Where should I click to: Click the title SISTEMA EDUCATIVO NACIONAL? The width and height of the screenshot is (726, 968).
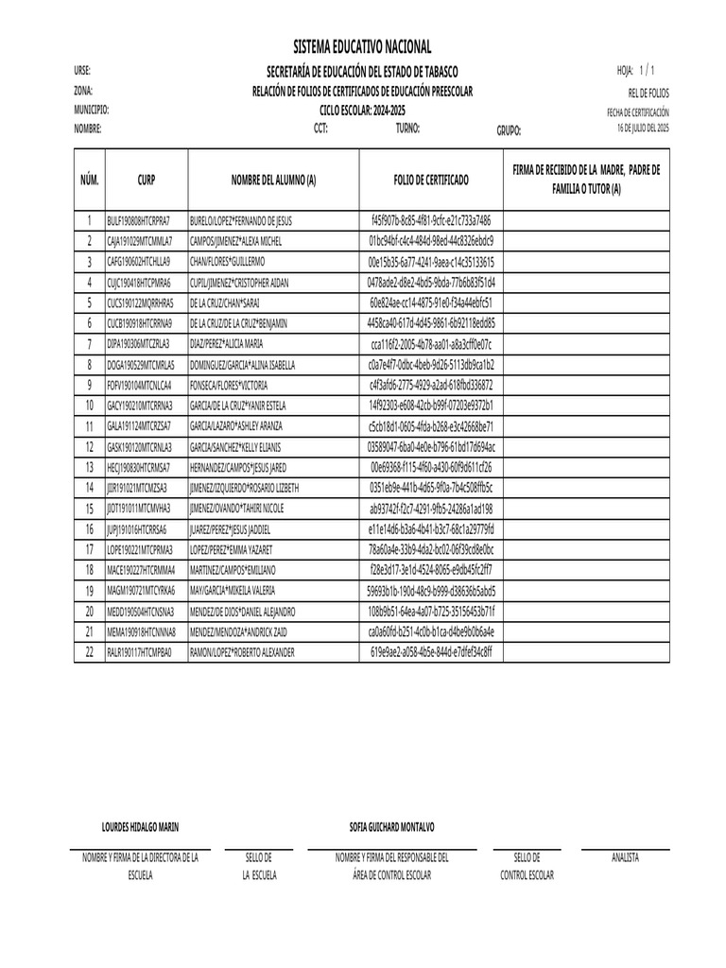[362, 47]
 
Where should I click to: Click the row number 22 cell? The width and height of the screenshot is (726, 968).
[90, 653]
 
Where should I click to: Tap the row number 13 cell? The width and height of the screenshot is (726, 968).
[90, 468]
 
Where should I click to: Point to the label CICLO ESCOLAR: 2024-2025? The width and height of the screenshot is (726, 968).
[362, 110]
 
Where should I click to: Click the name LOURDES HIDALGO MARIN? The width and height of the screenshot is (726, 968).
[140, 827]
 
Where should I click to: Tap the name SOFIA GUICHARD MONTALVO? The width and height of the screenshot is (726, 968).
[391, 827]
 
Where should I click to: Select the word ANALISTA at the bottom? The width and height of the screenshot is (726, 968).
[625, 857]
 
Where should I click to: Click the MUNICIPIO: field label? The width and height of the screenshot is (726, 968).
[92, 110]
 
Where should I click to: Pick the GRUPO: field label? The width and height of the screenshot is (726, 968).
[509, 131]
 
